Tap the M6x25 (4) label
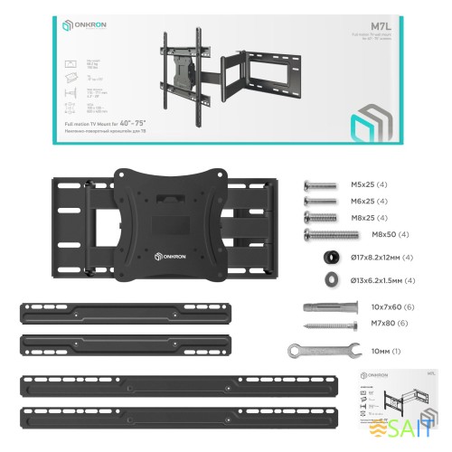pyautogui.click(x=367, y=202)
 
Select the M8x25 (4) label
pyautogui.click(x=367, y=218)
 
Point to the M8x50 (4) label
pyautogui.click(x=391, y=235)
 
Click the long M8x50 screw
pyautogui.click(x=332, y=235)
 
